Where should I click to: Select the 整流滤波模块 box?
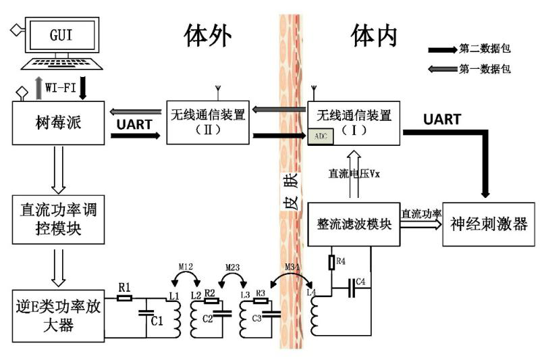pyautogui.click(x=354, y=224)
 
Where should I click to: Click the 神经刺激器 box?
pyautogui.click(x=485, y=224)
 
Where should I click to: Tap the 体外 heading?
pyautogui.click(x=207, y=35)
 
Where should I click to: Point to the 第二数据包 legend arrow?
pyautogui.click(x=442, y=49)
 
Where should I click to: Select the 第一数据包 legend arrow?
pyautogui.click(x=442, y=68)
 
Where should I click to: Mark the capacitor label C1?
pyautogui.click(x=157, y=321)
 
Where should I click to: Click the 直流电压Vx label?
pyautogui.click(x=354, y=173)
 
